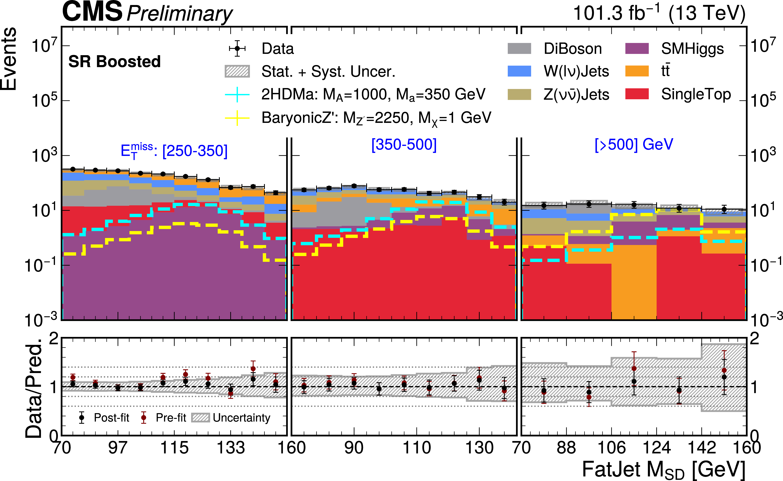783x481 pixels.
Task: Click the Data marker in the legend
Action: [x=237, y=48]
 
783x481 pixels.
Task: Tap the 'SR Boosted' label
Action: [x=114, y=62]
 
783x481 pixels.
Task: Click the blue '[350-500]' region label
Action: [x=404, y=145]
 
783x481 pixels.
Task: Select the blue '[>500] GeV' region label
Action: [x=634, y=145]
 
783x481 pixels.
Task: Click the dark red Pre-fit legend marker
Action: [x=144, y=417]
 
